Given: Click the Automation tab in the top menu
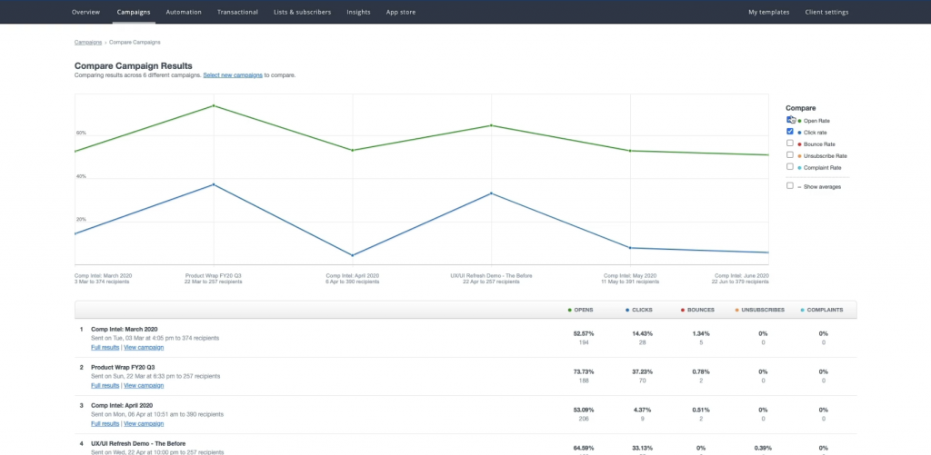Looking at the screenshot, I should click(x=184, y=12).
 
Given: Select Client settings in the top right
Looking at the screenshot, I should click(x=826, y=12).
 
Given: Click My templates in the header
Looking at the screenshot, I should click(x=768, y=12).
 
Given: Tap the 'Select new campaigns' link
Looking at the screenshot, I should click(x=233, y=75).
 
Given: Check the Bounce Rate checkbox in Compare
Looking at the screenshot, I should click(x=790, y=143).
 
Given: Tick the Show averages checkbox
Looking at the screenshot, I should click(x=790, y=185).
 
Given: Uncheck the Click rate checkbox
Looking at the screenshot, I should click(x=790, y=132).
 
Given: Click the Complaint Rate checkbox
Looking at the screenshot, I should click(x=790, y=167).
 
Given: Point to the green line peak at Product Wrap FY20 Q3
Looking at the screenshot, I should click(x=214, y=105).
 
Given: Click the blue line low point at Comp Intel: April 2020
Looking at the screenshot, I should click(x=353, y=255).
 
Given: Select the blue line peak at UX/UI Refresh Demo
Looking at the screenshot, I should click(x=492, y=193).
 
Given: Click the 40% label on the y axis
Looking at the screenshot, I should click(x=81, y=176).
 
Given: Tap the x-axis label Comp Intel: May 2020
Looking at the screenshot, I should click(x=630, y=275).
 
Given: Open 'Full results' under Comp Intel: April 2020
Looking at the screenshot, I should click(x=105, y=423).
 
